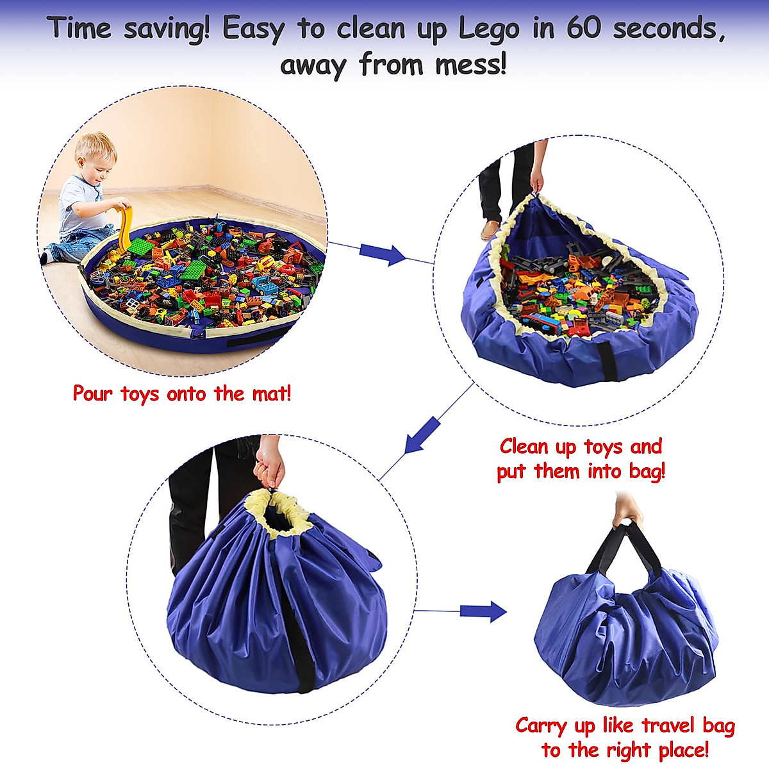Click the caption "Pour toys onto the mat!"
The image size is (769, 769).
tap(182, 393)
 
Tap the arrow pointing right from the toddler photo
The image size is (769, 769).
tap(382, 254)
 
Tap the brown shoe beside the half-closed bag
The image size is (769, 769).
tap(491, 229)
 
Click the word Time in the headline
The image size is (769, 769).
tap(79, 29)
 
